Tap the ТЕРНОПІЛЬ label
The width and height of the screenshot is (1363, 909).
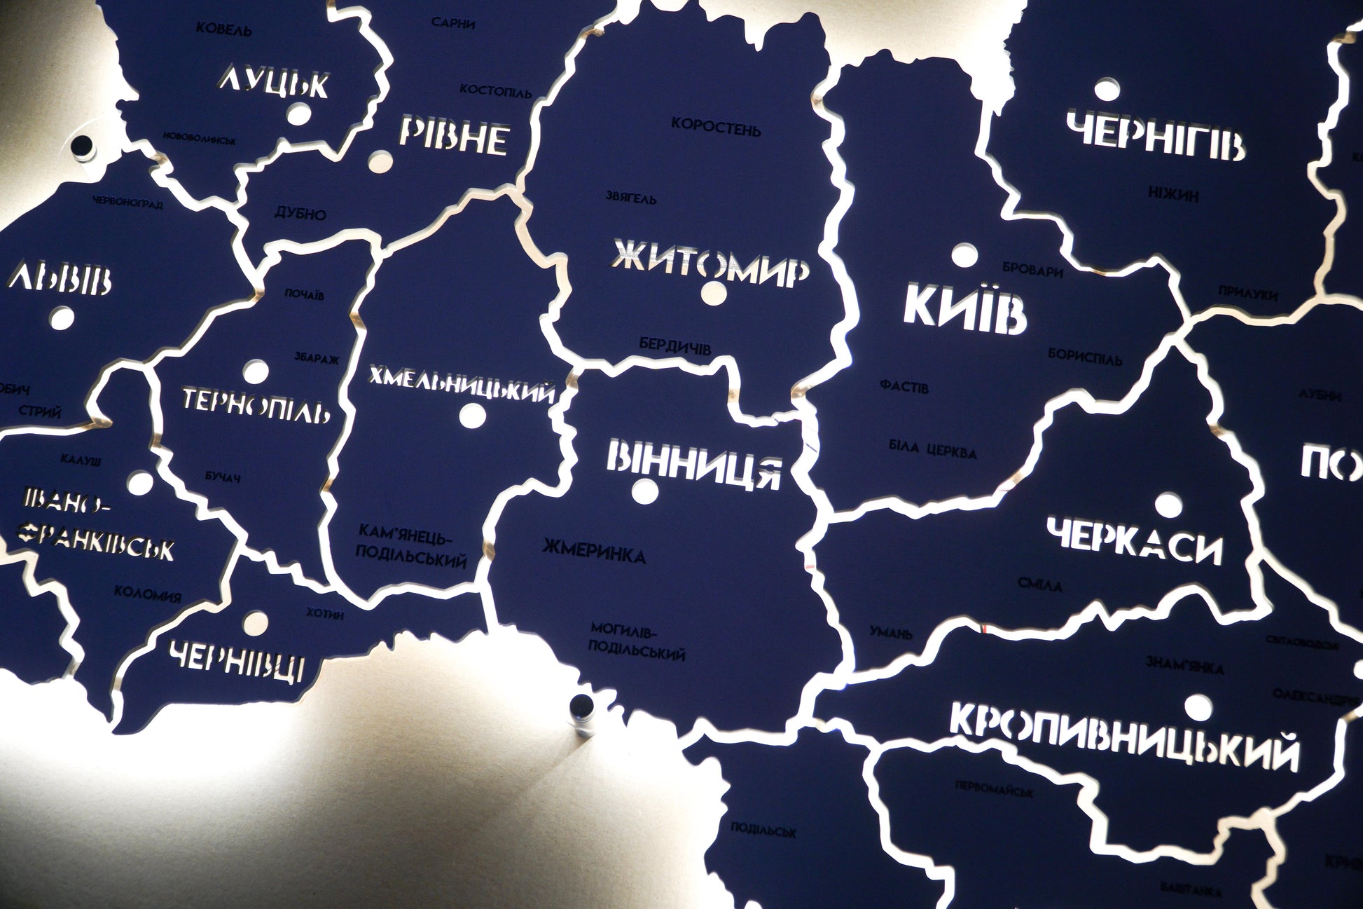[256, 405]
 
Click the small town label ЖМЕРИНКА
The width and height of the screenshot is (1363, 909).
[594, 556]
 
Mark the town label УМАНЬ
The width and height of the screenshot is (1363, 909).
[891, 634]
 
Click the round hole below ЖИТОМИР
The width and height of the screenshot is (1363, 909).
[714, 292]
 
